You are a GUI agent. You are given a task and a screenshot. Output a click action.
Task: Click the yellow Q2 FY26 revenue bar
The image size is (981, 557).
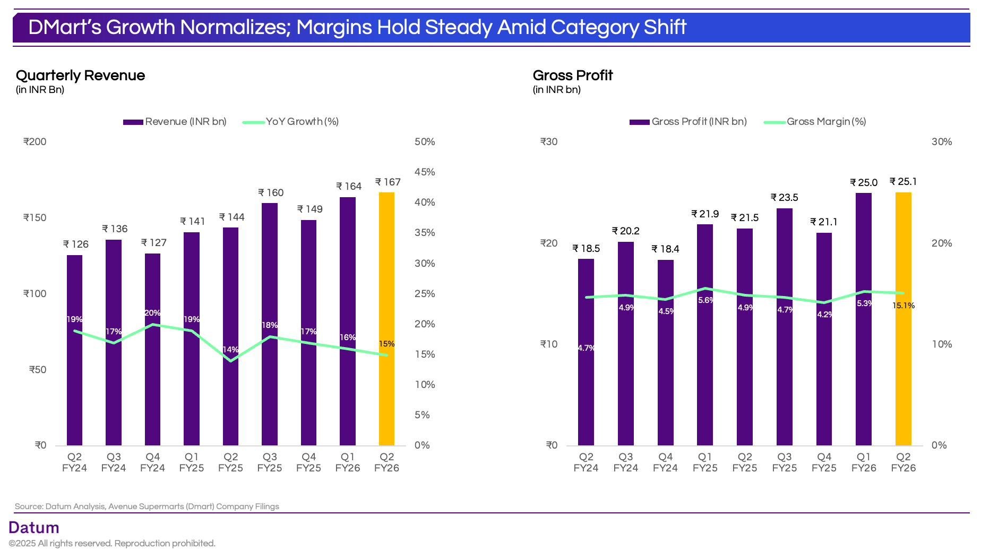[x=386, y=319]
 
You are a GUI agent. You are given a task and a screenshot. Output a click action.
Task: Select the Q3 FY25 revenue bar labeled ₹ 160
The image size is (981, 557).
[x=270, y=324]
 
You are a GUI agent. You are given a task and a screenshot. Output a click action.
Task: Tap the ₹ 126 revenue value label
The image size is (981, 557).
[x=76, y=244]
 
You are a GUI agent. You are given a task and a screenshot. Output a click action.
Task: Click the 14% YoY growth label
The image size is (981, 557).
[x=230, y=350]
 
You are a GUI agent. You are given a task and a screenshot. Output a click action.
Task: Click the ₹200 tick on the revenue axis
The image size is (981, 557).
[x=35, y=142]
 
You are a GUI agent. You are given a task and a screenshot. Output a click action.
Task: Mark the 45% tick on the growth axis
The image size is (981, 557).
[x=425, y=172]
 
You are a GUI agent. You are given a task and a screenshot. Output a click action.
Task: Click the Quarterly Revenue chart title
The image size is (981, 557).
[x=80, y=75]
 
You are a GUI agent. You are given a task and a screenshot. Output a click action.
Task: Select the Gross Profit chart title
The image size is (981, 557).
[x=573, y=75]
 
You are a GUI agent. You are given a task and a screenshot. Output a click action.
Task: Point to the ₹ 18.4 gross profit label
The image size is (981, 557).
[x=665, y=249]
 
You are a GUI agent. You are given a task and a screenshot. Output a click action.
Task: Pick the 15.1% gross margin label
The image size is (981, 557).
[x=903, y=306]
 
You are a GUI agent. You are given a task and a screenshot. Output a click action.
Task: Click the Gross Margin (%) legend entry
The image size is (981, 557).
[x=826, y=122]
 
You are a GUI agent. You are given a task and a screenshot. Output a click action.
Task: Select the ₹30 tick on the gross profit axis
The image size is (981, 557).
[x=549, y=142]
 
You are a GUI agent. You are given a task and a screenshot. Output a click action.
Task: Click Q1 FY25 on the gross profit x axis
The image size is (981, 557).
[x=705, y=462]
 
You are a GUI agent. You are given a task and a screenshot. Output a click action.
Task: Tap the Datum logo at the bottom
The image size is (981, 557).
[x=34, y=527]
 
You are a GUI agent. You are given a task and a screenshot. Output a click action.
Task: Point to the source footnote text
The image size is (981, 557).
[x=147, y=507]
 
